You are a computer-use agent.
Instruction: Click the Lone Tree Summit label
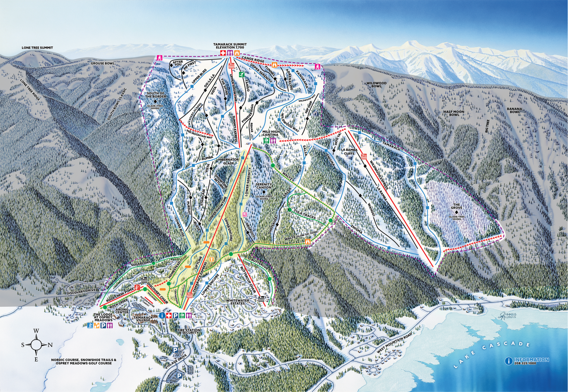pos(37,48)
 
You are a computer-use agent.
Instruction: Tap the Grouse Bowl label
pos(103,63)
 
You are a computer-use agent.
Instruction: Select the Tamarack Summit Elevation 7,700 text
pos(230,46)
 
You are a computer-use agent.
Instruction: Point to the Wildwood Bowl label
pos(376,85)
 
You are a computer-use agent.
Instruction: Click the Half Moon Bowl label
pos(454,113)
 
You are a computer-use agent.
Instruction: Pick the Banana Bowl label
pos(514,110)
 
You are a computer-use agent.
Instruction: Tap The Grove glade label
pos(456,206)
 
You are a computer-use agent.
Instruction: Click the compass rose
pos(36,345)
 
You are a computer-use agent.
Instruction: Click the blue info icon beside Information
pos(509,361)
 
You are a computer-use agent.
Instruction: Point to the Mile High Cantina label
pos(271,133)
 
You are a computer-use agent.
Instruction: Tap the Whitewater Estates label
pos(237,302)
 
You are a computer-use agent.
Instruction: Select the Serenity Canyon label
pos(263,186)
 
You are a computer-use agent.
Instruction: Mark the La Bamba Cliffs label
pos(349,151)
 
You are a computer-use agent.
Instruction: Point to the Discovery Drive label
pos(81,291)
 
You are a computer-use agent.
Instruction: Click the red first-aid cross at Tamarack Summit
pos(223,53)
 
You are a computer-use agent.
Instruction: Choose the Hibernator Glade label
pos(228,161)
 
